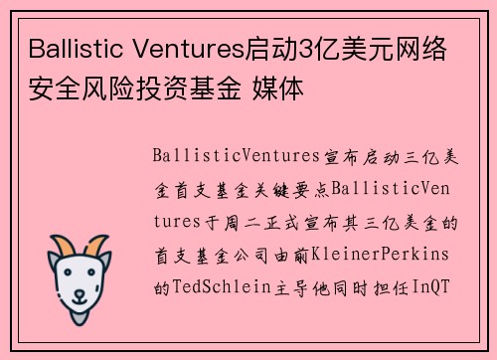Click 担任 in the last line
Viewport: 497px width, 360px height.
(x=388, y=285)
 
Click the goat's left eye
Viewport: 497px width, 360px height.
(x=68, y=273)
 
